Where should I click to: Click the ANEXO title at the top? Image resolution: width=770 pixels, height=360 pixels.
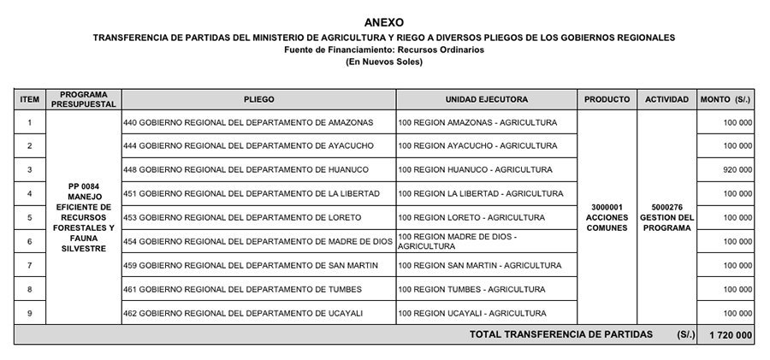(x=383, y=22)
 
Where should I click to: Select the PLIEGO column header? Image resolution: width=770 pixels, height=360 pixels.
(x=258, y=99)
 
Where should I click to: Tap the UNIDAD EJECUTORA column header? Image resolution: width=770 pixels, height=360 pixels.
(x=486, y=99)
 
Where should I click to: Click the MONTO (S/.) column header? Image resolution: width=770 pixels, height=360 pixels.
(x=726, y=99)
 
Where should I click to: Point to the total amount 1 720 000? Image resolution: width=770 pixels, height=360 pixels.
(x=730, y=334)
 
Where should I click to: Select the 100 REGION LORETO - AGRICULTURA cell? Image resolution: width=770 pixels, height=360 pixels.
(x=471, y=217)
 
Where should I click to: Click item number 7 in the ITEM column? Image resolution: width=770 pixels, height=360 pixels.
(x=30, y=265)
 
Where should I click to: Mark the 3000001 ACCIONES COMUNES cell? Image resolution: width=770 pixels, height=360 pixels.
(x=607, y=217)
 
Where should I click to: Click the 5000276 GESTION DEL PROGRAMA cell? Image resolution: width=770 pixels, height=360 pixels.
(x=666, y=217)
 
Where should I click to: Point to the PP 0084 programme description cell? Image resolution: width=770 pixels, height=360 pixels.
(x=84, y=217)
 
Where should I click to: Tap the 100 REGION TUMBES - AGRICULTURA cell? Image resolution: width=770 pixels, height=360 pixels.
(x=471, y=289)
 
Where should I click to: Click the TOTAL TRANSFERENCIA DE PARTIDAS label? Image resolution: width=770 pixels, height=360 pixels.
(x=560, y=334)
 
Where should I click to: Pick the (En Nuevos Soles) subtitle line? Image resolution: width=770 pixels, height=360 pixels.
(x=383, y=62)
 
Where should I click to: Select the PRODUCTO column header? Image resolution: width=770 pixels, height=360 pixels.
(x=607, y=99)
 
